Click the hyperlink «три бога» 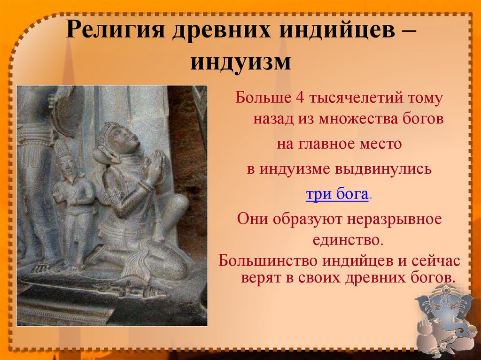coord(336,195)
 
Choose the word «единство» coord(347,240)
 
